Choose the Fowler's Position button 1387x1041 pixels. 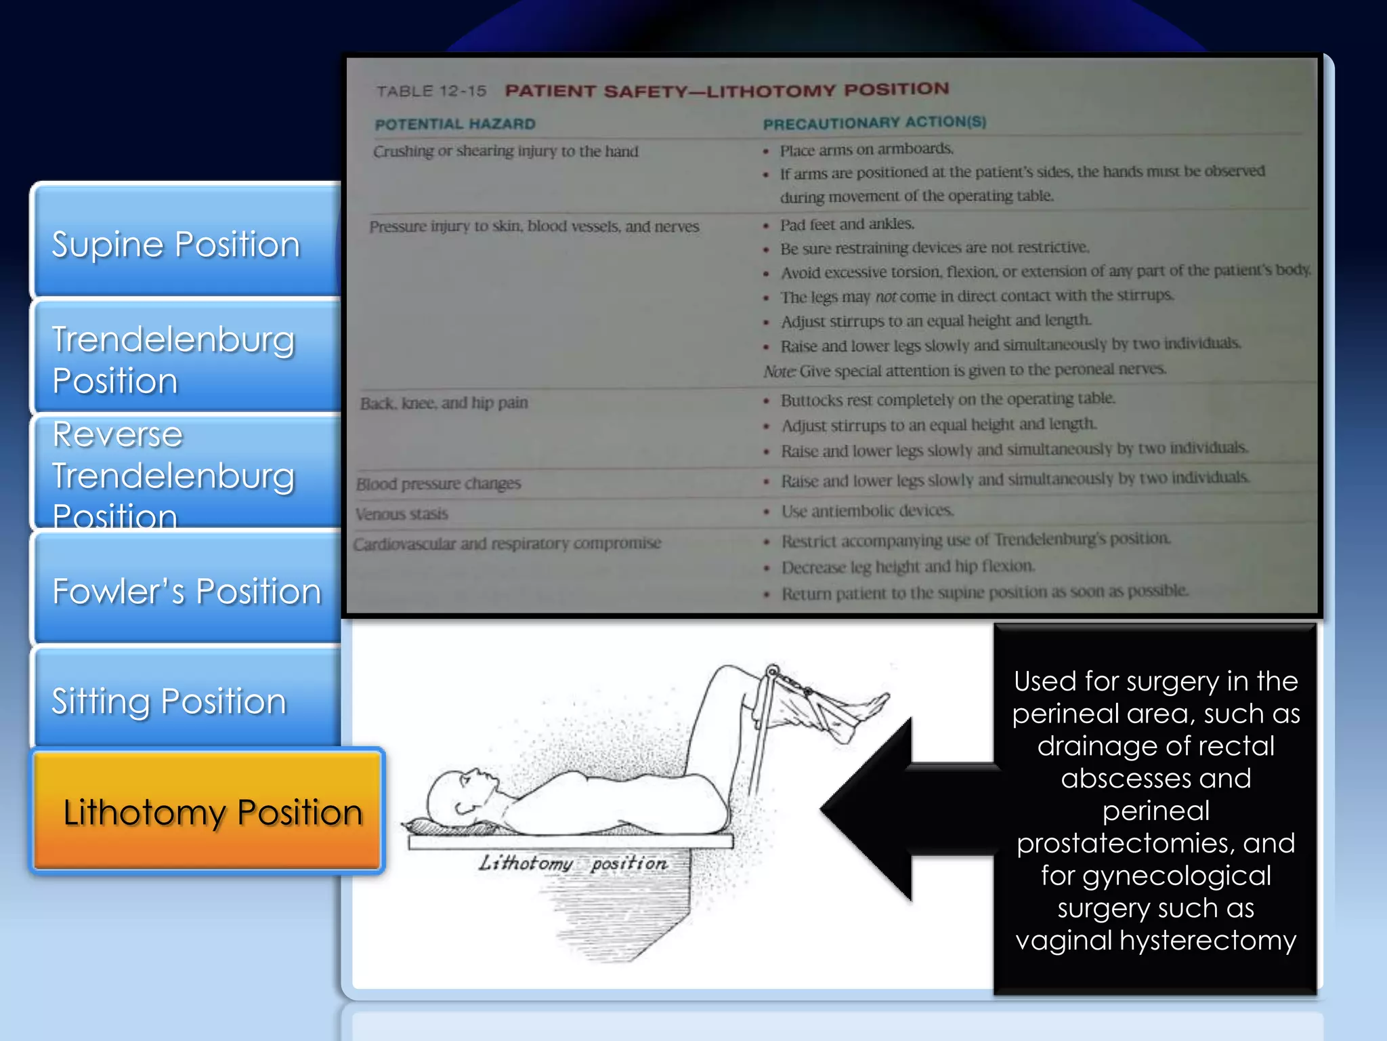coord(186,591)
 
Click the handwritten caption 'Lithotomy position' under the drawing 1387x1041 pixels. coord(573,863)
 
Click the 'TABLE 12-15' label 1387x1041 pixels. coord(431,91)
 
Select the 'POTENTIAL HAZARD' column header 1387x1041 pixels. coord(455,124)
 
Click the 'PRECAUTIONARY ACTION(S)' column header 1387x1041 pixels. coord(874,123)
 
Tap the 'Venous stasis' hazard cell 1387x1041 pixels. coord(402,514)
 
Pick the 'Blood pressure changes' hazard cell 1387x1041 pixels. coord(439,484)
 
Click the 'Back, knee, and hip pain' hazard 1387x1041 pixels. coord(444,403)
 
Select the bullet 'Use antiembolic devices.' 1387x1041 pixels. coord(868,511)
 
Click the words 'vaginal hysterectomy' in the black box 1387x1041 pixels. coord(1155,941)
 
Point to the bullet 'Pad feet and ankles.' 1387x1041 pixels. coord(847,224)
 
